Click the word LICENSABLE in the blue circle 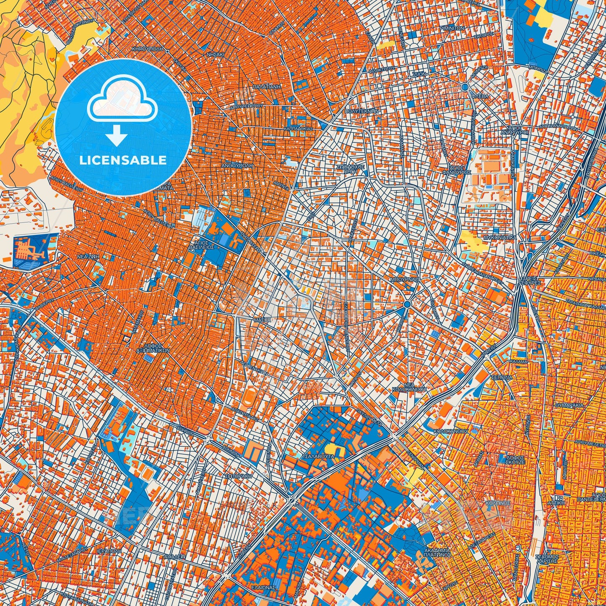[123, 160]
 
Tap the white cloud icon [122, 103]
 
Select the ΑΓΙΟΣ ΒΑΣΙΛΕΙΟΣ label [202, 244]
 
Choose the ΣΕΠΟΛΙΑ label [503, 377]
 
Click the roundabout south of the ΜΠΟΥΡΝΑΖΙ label [407, 304]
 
